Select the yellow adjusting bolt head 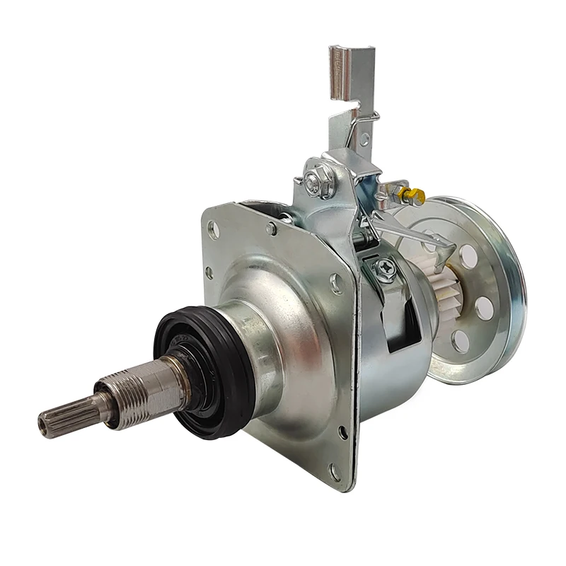(405, 191)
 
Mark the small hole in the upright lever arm (364, 139)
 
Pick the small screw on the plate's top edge (271, 228)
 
